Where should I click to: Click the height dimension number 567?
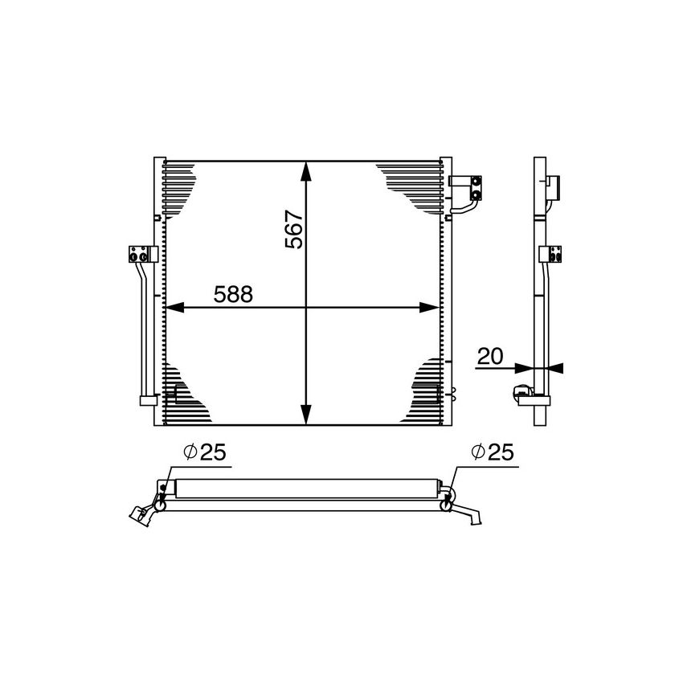coord(294,230)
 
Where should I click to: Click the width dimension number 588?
coord(233,295)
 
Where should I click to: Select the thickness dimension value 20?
coord(489,356)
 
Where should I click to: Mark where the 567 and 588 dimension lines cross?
coord(305,307)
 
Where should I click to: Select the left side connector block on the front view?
coord(140,255)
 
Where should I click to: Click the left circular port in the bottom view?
coord(161,505)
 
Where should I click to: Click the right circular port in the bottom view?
coord(446,505)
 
